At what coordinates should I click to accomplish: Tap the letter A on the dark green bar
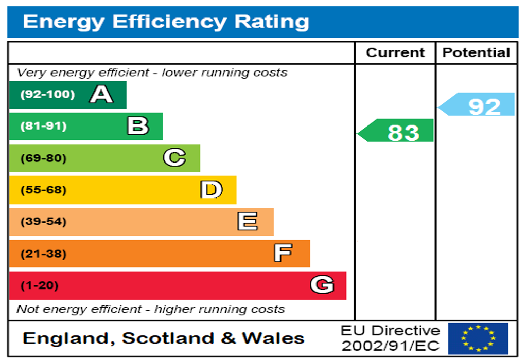[x=101, y=95]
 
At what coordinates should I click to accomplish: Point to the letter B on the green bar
[x=138, y=126]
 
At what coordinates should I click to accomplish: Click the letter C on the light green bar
[x=174, y=158]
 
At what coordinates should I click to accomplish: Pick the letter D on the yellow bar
[x=212, y=190]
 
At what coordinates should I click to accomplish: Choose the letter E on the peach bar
[x=248, y=222]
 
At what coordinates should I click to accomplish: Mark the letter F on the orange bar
[x=283, y=253]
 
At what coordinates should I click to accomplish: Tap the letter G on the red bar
[x=322, y=285]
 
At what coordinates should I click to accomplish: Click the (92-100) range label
[x=47, y=95]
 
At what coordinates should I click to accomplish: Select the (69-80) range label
[x=43, y=158]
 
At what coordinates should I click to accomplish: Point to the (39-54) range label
[x=43, y=222]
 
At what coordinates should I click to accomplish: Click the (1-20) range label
[x=39, y=285]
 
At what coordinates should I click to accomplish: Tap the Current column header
[x=395, y=53]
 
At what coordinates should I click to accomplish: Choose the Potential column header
[x=476, y=53]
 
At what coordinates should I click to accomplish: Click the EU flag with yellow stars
[x=478, y=338]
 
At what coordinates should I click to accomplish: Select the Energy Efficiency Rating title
[x=166, y=22]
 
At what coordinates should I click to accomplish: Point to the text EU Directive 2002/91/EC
[x=391, y=338]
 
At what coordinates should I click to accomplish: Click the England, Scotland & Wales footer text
[x=164, y=338]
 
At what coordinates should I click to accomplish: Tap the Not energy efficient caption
[x=150, y=310]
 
